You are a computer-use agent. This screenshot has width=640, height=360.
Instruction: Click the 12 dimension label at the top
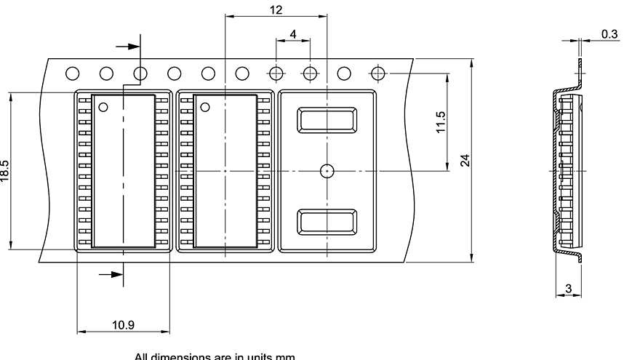[x=276, y=9]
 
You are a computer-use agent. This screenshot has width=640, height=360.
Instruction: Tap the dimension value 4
[x=292, y=34]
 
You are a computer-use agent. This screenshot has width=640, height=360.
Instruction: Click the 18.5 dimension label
[x=5, y=172]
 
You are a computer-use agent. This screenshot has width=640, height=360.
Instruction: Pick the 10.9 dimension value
[x=123, y=324]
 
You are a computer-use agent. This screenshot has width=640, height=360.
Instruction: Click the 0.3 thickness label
[x=609, y=34]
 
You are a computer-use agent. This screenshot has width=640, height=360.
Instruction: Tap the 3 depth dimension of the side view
[x=568, y=289]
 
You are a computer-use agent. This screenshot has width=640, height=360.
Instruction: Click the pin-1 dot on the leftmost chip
[x=103, y=108]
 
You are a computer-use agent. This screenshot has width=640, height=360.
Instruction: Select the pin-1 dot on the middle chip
[x=205, y=108]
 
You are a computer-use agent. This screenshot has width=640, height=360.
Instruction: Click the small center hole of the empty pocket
[x=327, y=171]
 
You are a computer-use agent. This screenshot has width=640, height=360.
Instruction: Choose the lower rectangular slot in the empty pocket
[x=327, y=222]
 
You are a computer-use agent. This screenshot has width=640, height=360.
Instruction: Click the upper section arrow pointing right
[x=129, y=46]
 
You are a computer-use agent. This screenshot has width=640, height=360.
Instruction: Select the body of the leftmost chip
[x=123, y=171]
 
